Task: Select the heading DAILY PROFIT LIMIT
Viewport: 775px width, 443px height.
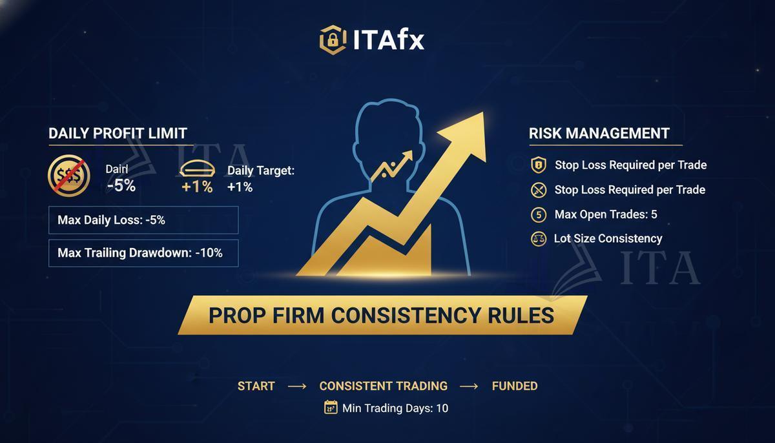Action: coord(118,133)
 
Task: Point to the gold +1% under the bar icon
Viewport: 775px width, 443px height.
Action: coord(197,187)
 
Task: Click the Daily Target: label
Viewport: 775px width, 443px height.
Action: coord(260,170)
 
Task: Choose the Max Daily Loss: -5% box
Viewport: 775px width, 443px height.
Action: coord(143,220)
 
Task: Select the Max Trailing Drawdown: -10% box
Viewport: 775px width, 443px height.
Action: coord(143,253)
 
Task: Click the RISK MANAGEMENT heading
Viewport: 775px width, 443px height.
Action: coord(599,133)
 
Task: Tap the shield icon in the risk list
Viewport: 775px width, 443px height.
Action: coord(538,165)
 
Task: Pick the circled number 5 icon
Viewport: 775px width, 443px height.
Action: coord(538,214)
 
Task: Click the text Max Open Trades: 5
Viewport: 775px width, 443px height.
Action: coord(606,214)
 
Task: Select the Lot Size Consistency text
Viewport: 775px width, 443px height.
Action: coord(608,238)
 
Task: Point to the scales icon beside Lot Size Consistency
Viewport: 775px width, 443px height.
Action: coord(538,239)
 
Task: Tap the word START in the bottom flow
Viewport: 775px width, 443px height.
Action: coord(256,386)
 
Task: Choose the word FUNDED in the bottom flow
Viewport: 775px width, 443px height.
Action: coord(515,386)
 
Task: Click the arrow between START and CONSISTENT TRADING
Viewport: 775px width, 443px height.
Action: coord(297,386)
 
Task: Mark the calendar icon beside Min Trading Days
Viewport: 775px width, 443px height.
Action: coord(331,407)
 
